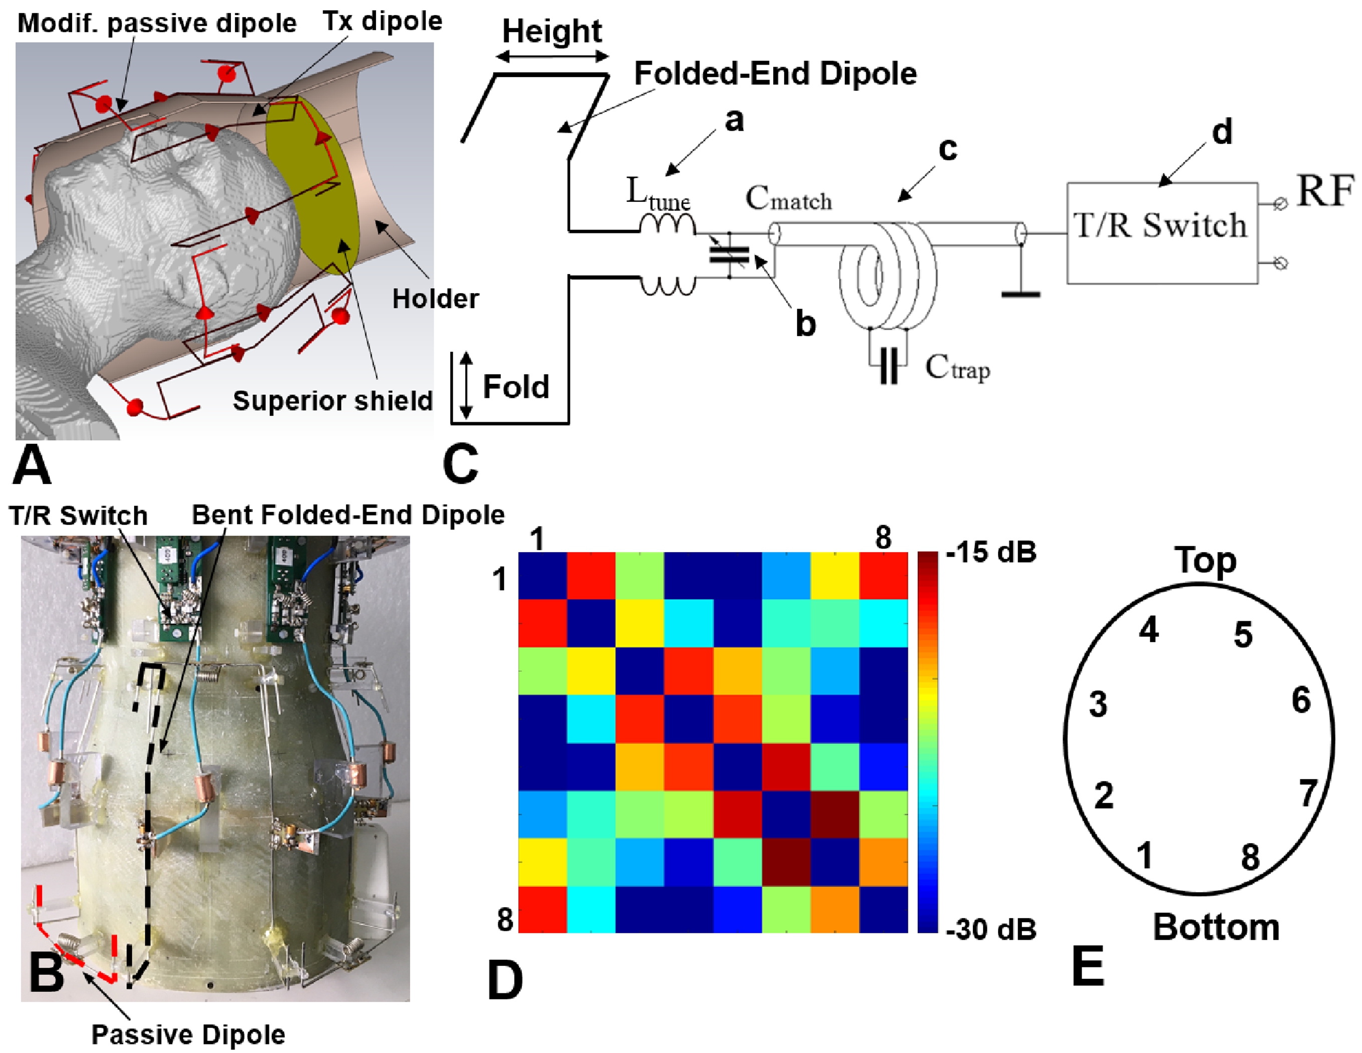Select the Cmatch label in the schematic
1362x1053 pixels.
pos(788,199)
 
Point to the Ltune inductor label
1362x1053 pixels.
pos(658,194)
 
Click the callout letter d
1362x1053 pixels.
pos(1222,132)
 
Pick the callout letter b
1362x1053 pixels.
pos(805,324)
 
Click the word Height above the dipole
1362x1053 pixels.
pos(552,31)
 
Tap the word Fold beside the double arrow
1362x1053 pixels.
pos(516,387)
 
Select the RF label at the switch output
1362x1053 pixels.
pos(1324,191)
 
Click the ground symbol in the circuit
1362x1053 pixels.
pos(1020,293)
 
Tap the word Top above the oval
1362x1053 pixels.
pos(1205,560)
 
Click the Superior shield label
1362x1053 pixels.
pos(332,400)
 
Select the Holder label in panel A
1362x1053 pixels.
pos(435,299)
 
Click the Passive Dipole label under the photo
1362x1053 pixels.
pos(188,1035)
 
